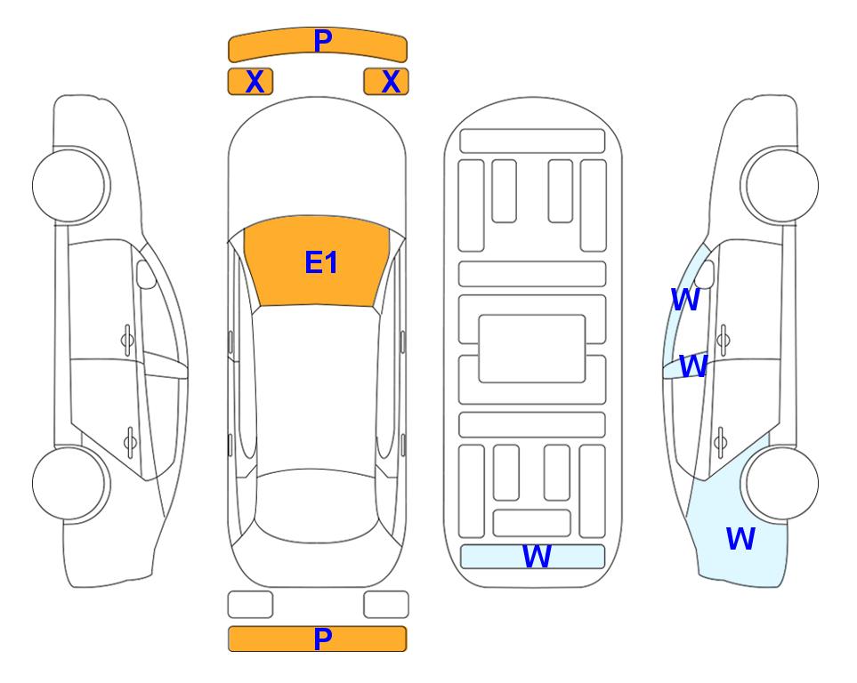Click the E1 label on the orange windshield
point(321,262)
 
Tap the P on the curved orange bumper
point(323,41)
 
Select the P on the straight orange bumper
point(323,639)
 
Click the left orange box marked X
point(250,82)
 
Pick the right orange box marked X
point(386,82)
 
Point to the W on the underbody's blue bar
point(537,556)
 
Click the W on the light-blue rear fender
point(740,539)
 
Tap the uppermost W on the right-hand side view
point(685,300)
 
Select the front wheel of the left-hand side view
point(71,185)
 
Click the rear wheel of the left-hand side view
point(71,483)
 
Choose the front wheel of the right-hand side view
point(780,185)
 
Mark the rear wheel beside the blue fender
point(780,483)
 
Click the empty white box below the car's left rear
point(250,605)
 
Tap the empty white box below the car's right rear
point(386,605)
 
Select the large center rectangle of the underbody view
point(532,349)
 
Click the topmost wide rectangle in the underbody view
point(532,141)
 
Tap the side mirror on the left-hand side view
point(145,274)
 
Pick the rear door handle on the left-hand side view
point(130,441)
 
